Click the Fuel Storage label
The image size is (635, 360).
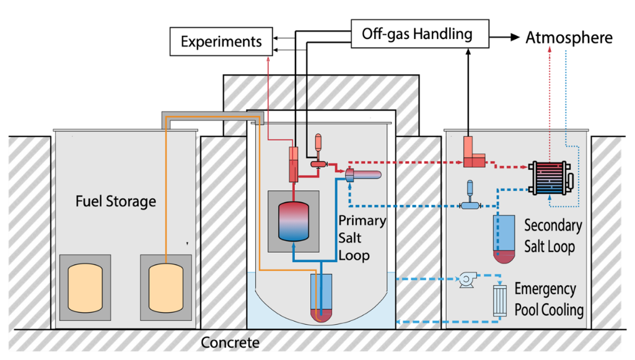click(x=116, y=201)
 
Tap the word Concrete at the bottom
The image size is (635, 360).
click(x=230, y=343)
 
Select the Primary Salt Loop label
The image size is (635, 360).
click(x=362, y=238)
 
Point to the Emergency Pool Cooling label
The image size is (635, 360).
click(x=549, y=299)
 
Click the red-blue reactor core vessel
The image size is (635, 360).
click(x=293, y=221)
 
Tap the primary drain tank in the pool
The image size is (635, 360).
click(x=321, y=297)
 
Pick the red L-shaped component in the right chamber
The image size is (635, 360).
click(x=475, y=152)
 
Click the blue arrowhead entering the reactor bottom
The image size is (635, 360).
click(x=294, y=246)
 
